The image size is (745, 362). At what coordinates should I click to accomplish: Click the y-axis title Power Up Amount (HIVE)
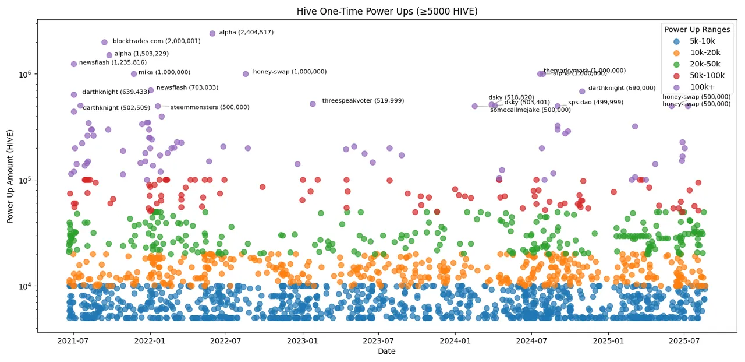[10, 175]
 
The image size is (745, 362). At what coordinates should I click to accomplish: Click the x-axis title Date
[387, 351]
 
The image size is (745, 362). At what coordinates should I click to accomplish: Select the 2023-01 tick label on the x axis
[303, 340]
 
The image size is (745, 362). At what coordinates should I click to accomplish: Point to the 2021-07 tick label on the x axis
[73, 340]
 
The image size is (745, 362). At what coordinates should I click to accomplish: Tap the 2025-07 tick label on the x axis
[683, 340]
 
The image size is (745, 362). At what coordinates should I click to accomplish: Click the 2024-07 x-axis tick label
[531, 340]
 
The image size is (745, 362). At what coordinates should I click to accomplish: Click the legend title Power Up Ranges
[697, 29]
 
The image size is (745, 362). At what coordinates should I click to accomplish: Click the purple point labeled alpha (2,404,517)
[212, 33]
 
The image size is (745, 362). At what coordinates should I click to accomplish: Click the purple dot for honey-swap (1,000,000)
[246, 73]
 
